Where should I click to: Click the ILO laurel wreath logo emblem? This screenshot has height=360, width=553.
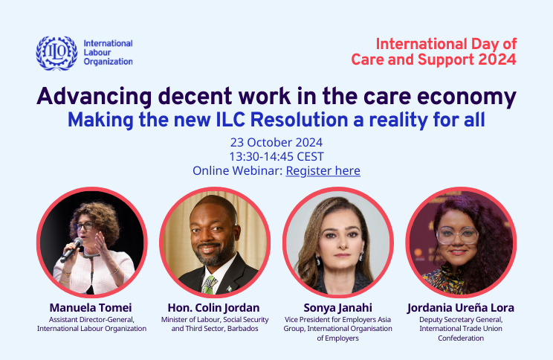[56, 53]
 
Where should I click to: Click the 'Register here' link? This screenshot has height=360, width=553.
[323, 171]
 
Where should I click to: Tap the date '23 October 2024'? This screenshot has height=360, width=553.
[276, 141]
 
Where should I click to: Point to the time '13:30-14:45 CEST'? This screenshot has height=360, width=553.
[276, 156]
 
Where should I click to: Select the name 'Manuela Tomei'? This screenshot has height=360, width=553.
[91, 306]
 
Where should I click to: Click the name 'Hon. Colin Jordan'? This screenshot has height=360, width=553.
[214, 306]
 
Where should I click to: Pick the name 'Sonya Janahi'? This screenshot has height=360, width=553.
[338, 306]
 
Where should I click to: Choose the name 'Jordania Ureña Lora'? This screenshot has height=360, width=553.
[461, 306]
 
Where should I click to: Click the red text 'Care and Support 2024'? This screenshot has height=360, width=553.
[434, 60]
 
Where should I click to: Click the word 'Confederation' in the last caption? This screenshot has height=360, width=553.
[461, 338]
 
